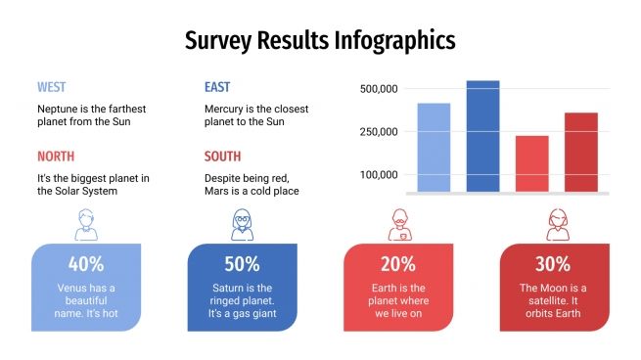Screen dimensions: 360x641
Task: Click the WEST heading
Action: pyautogui.click(x=52, y=87)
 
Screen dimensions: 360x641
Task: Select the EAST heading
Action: pyautogui.click(x=217, y=87)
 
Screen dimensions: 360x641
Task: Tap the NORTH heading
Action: pyautogui.click(x=56, y=157)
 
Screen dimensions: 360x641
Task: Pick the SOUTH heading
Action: pyautogui.click(x=222, y=157)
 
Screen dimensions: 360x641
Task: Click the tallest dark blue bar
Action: pyautogui.click(x=482, y=137)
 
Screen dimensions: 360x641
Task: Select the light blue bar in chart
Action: pyautogui.click(x=434, y=148)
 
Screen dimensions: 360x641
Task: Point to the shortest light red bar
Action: pyautogui.click(x=531, y=163)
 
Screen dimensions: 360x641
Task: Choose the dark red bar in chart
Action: pyautogui.click(x=580, y=153)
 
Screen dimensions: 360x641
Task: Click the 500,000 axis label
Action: pyautogui.click(x=378, y=89)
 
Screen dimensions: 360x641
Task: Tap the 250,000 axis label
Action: pyautogui.click(x=378, y=132)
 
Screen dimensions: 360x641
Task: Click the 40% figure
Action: pyautogui.click(x=86, y=263)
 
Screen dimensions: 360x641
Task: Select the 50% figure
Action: pyautogui.click(x=242, y=263)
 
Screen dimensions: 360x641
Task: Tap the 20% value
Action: pyautogui.click(x=398, y=263)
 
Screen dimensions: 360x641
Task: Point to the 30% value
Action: pyautogui.click(x=554, y=263)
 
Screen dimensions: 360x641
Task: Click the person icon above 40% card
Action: pyautogui.click(x=86, y=225)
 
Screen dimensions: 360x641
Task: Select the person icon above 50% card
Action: pyautogui.click(x=242, y=225)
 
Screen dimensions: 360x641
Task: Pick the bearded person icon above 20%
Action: pyautogui.click(x=398, y=225)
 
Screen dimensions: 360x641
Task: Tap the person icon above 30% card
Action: pyautogui.click(x=555, y=225)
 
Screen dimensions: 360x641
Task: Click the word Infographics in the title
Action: pyautogui.click(x=394, y=41)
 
